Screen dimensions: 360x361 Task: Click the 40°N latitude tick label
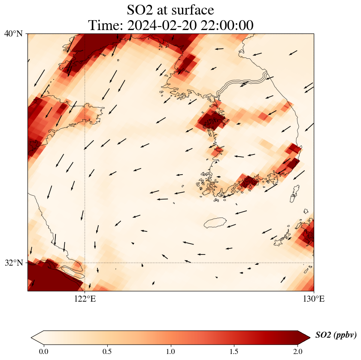[13, 33]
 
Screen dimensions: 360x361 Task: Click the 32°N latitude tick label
[13, 262]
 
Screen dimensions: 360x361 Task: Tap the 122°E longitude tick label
[85, 299]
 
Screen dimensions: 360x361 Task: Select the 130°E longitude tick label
[314, 299]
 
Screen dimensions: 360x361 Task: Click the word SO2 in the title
[141, 10]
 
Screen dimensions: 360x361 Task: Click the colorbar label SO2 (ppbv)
[336, 335]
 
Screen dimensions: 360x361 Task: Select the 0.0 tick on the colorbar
[43, 351]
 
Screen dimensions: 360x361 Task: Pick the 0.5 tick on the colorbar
[107, 351]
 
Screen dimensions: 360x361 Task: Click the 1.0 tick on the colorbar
[171, 351]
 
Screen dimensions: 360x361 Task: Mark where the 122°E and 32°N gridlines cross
[85, 262]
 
